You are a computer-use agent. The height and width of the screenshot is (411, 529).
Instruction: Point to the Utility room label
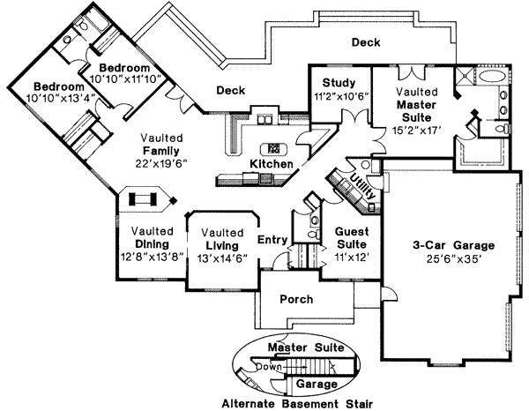click(x=361, y=186)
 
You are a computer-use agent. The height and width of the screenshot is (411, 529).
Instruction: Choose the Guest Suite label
click(x=351, y=233)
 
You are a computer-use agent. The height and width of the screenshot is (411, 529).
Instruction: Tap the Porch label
click(x=296, y=299)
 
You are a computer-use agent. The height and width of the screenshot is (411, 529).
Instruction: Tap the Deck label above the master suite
click(x=365, y=41)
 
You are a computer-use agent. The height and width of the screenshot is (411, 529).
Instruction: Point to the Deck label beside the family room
click(x=230, y=89)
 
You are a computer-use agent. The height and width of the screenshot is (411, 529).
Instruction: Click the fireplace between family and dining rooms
click(x=142, y=200)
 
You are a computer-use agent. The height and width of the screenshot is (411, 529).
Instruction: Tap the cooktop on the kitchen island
click(x=274, y=148)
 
